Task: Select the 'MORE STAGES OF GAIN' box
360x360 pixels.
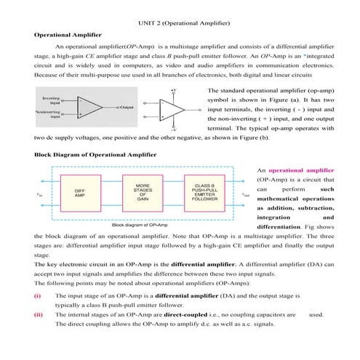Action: point(143,194)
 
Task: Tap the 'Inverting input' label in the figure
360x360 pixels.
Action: point(52,100)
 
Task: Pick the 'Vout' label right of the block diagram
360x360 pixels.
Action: point(246,196)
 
